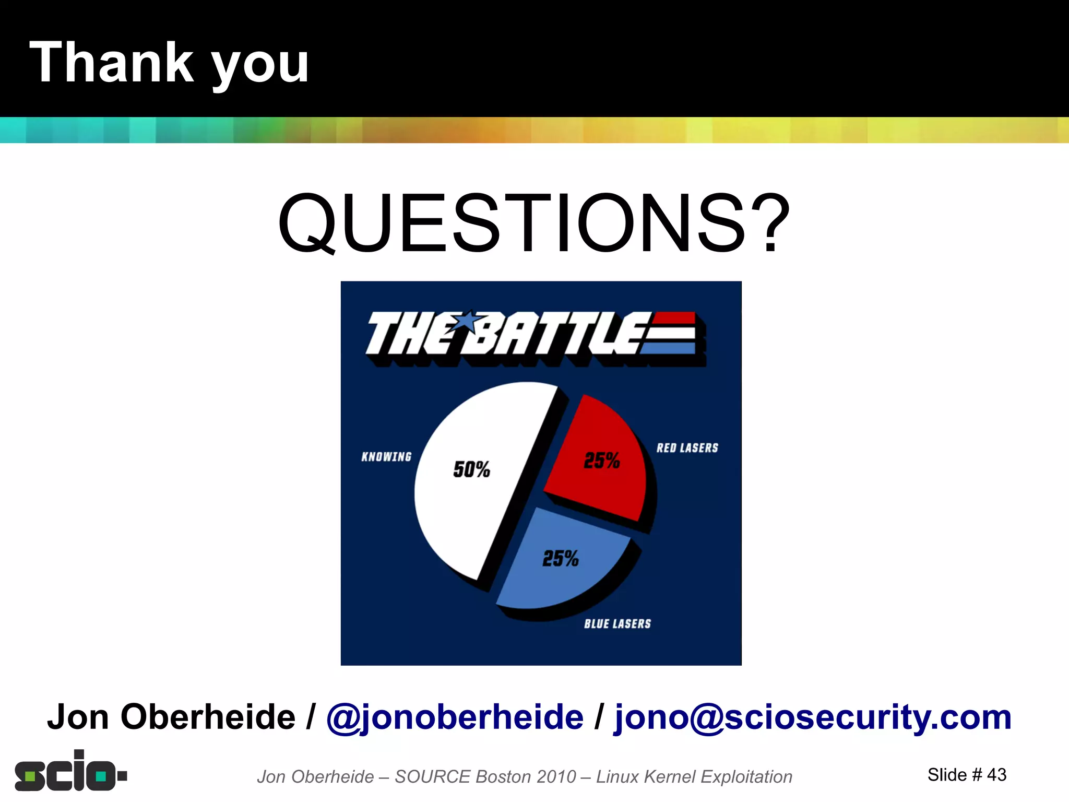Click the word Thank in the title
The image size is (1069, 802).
tap(111, 63)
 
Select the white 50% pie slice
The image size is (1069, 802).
tap(470, 501)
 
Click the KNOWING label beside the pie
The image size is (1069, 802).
tap(386, 457)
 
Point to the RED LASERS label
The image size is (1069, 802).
tap(687, 448)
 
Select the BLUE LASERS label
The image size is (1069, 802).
tap(617, 623)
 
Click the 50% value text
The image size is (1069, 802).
tap(471, 469)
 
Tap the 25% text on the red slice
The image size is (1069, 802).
tap(601, 461)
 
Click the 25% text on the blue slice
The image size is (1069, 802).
tap(560, 559)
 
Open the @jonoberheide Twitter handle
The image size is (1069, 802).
tap(455, 717)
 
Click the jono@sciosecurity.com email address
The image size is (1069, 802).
tap(813, 717)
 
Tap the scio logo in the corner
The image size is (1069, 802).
tap(70, 772)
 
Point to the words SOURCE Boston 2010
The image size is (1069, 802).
tap(485, 776)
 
